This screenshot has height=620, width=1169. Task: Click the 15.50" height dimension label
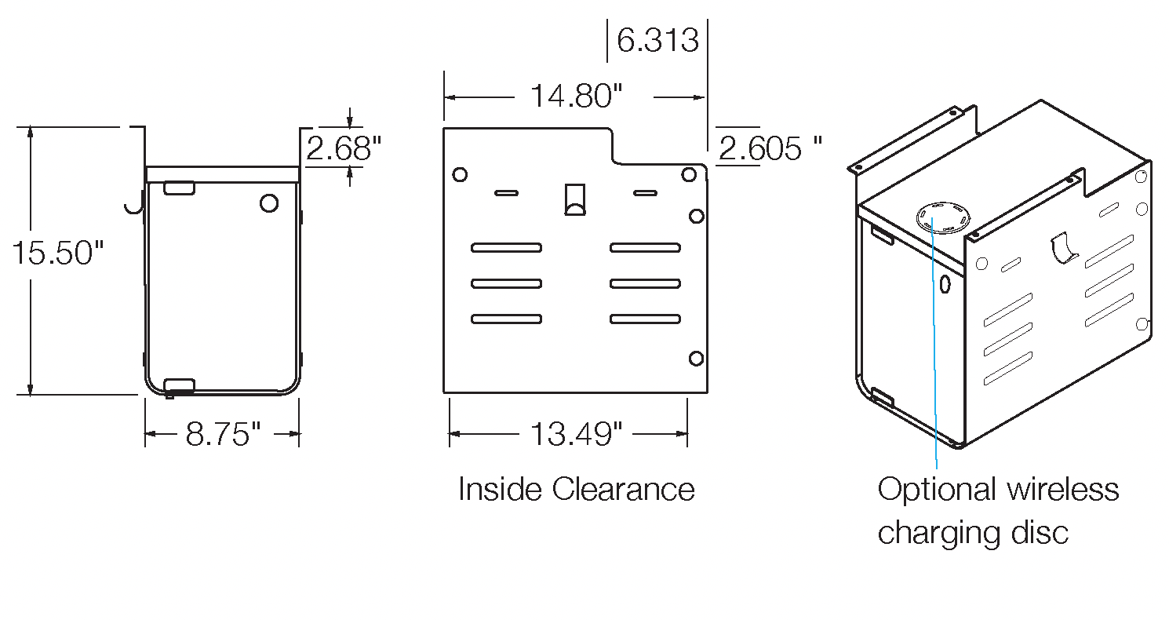point(57,253)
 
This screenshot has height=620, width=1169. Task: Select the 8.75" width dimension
point(223,434)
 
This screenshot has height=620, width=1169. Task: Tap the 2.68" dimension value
point(344,148)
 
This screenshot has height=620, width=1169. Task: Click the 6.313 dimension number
point(657,40)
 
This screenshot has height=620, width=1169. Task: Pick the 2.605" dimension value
point(770,148)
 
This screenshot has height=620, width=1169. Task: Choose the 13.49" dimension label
point(576,434)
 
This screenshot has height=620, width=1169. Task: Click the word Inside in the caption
point(500,490)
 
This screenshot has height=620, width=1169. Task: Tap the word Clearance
point(623,490)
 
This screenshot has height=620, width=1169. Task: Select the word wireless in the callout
point(1062,490)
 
